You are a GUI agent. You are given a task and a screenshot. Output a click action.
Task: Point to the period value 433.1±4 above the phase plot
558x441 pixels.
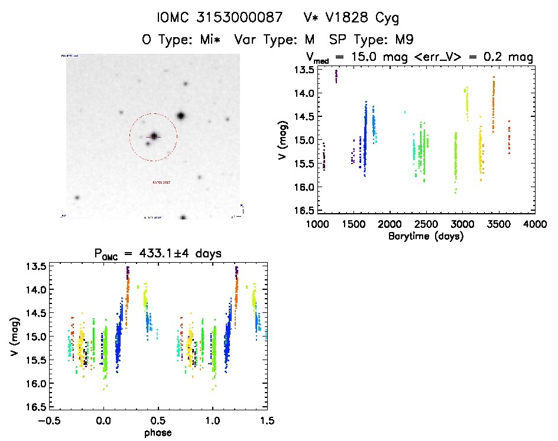(171, 254)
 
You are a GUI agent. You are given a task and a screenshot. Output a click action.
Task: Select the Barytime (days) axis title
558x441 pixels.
(426, 236)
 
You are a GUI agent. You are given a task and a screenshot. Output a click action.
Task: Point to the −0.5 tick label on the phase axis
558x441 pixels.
(50, 421)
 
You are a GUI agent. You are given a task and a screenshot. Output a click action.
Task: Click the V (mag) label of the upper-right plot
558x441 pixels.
(284, 139)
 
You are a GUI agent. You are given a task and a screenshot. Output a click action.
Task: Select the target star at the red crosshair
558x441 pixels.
(154, 136)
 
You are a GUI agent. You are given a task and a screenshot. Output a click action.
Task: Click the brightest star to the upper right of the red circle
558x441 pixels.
(181, 116)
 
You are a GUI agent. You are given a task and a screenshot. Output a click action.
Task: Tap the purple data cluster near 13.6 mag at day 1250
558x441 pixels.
(336, 76)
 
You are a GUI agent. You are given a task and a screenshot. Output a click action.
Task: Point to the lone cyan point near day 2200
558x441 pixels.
(404, 112)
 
